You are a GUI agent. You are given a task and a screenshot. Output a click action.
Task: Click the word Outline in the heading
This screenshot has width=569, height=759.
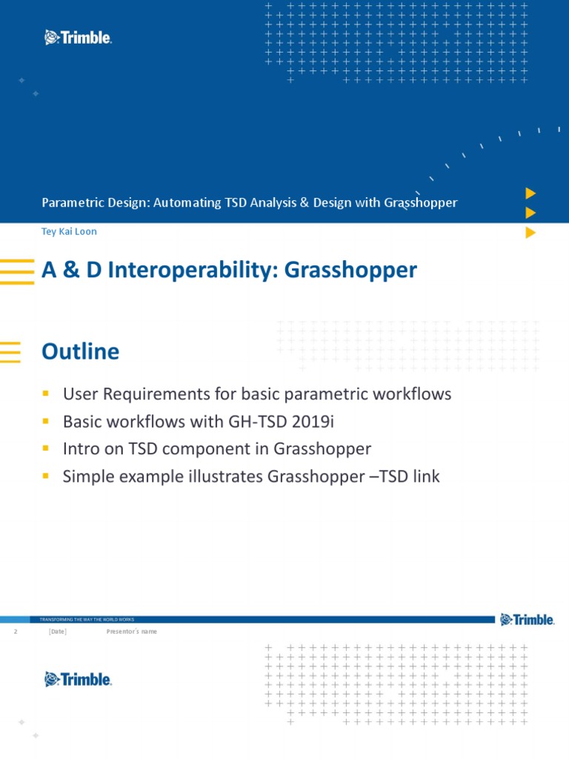coord(80,351)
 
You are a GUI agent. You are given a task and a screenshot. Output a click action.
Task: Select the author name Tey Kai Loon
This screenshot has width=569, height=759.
coord(69,231)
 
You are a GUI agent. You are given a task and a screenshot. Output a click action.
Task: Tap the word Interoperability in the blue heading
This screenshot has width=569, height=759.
coord(191,271)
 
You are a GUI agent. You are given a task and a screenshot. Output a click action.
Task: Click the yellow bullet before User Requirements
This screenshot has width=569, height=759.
coord(46,394)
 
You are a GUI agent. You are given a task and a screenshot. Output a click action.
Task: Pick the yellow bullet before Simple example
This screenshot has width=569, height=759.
coord(46,476)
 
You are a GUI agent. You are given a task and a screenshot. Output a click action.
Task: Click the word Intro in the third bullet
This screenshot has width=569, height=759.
coord(80,448)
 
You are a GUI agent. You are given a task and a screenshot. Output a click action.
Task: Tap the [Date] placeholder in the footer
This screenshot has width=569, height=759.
coord(57,632)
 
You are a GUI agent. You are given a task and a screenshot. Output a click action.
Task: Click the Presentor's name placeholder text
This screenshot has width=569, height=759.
coord(132,632)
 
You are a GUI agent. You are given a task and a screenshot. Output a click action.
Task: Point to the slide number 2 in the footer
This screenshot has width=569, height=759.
coord(15,632)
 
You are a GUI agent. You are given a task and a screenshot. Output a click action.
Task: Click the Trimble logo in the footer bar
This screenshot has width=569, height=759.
coord(527,620)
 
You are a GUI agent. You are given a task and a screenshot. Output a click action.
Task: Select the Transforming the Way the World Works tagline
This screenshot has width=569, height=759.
coord(87,620)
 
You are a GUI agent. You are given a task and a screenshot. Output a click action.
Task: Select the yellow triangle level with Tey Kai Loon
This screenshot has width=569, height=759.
coord(530,232)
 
